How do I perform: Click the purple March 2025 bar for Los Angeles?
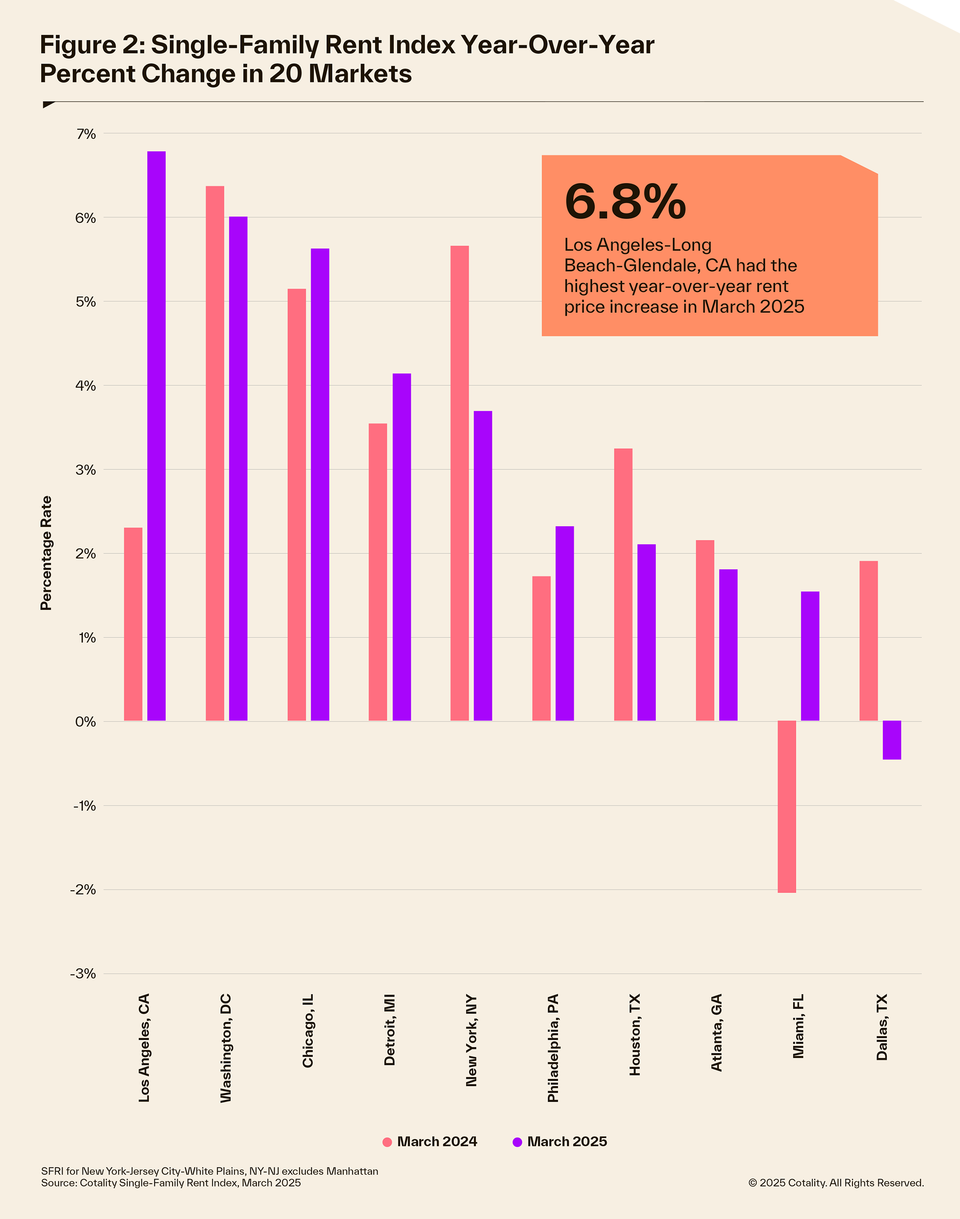pos(156,436)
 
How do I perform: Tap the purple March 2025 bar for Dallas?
pos(891,740)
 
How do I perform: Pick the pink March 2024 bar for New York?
pos(459,483)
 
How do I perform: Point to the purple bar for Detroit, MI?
pos(401,547)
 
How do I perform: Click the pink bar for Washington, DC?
pos(215,454)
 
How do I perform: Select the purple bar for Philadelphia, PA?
pos(564,623)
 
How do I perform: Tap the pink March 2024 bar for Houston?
pos(623,584)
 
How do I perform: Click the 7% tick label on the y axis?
pos(86,134)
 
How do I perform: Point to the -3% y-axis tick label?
pos(83,974)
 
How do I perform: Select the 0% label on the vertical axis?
pos(85,722)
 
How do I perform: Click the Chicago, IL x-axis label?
pos(307,1031)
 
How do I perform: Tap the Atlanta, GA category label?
pos(716,1032)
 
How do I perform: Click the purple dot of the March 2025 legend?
pos(517,1142)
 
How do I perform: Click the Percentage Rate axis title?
pos(46,553)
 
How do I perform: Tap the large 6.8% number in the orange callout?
pos(625,201)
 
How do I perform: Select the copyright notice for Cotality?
pos(835,1183)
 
